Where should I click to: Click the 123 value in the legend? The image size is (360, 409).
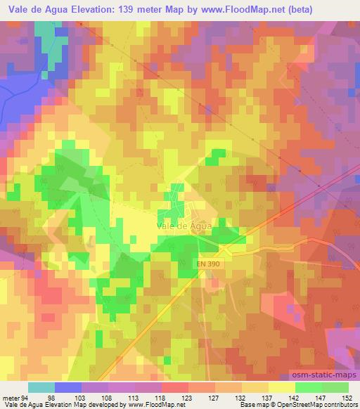[187, 398]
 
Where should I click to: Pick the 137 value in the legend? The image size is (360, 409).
[267, 398]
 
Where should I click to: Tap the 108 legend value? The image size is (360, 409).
[107, 398]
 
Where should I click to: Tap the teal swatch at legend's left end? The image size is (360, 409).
[41, 387]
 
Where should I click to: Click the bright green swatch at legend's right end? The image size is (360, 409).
[335, 387]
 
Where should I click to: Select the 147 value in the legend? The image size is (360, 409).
[321, 398]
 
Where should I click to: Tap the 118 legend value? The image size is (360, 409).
[160, 398]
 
